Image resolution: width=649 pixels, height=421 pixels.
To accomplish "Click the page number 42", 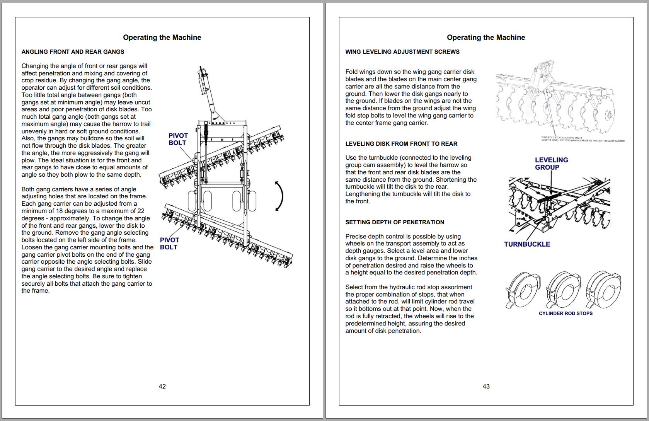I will coord(162,386).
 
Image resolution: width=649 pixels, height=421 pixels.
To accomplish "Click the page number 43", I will coord(486,386).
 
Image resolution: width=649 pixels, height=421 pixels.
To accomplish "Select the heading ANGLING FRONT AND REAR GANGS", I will coord(73,52).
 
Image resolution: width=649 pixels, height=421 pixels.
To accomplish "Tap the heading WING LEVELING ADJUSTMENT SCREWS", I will coord(402,52).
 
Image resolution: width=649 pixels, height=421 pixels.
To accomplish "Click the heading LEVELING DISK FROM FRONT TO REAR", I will coord(401,144).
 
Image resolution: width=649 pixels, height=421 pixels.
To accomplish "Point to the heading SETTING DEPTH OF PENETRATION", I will coord(395,222).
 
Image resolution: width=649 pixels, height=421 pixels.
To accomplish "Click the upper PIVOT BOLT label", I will coord(178,139).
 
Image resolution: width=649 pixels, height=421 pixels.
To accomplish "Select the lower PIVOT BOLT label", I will coord(169,244).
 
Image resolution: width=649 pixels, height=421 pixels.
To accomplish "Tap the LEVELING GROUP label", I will coord(551,164).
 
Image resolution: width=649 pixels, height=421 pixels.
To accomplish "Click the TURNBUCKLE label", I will coord(527,244).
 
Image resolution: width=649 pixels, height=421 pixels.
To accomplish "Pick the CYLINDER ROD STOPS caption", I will coord(566,314).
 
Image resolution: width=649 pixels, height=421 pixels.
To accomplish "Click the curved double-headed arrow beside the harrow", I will coord(279,196).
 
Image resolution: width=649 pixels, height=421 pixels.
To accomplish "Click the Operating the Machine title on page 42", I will coord(162,37).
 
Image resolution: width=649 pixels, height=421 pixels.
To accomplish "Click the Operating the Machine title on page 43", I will coord(486,37).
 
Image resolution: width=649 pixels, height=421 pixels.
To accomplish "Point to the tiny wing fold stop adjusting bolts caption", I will coord(583,139).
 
